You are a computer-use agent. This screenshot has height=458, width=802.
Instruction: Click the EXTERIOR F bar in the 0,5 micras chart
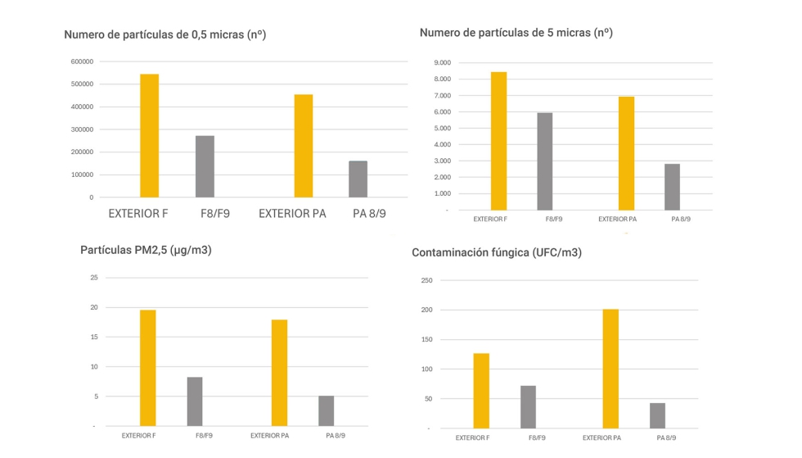point(149,136)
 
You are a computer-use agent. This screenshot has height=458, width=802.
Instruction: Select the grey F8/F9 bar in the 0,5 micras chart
point(205,166)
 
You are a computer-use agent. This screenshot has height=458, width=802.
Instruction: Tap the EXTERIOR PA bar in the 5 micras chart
point(626,153)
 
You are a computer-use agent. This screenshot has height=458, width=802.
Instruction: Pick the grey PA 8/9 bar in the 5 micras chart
point(672,187)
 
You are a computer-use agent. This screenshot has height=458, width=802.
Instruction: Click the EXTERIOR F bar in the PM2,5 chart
point(147,368)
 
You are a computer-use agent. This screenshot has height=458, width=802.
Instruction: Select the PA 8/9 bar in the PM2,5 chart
point(326,410)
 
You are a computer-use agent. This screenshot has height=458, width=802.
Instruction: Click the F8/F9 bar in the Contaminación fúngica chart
point(528,407)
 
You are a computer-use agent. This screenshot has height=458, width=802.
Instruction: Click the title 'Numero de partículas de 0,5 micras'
point(165,35)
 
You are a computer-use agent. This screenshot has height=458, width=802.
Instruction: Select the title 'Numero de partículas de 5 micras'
point(516,33)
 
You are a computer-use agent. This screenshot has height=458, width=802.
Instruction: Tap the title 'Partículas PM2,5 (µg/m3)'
point(146,250)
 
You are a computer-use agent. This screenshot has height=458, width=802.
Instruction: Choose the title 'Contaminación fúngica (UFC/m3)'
point(497,252)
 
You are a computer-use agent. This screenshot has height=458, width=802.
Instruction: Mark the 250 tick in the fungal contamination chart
point(425,281)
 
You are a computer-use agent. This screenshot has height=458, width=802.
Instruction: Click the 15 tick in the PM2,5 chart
point(93,338)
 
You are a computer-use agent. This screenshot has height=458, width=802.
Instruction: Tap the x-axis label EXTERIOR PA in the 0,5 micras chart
point(292,214)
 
